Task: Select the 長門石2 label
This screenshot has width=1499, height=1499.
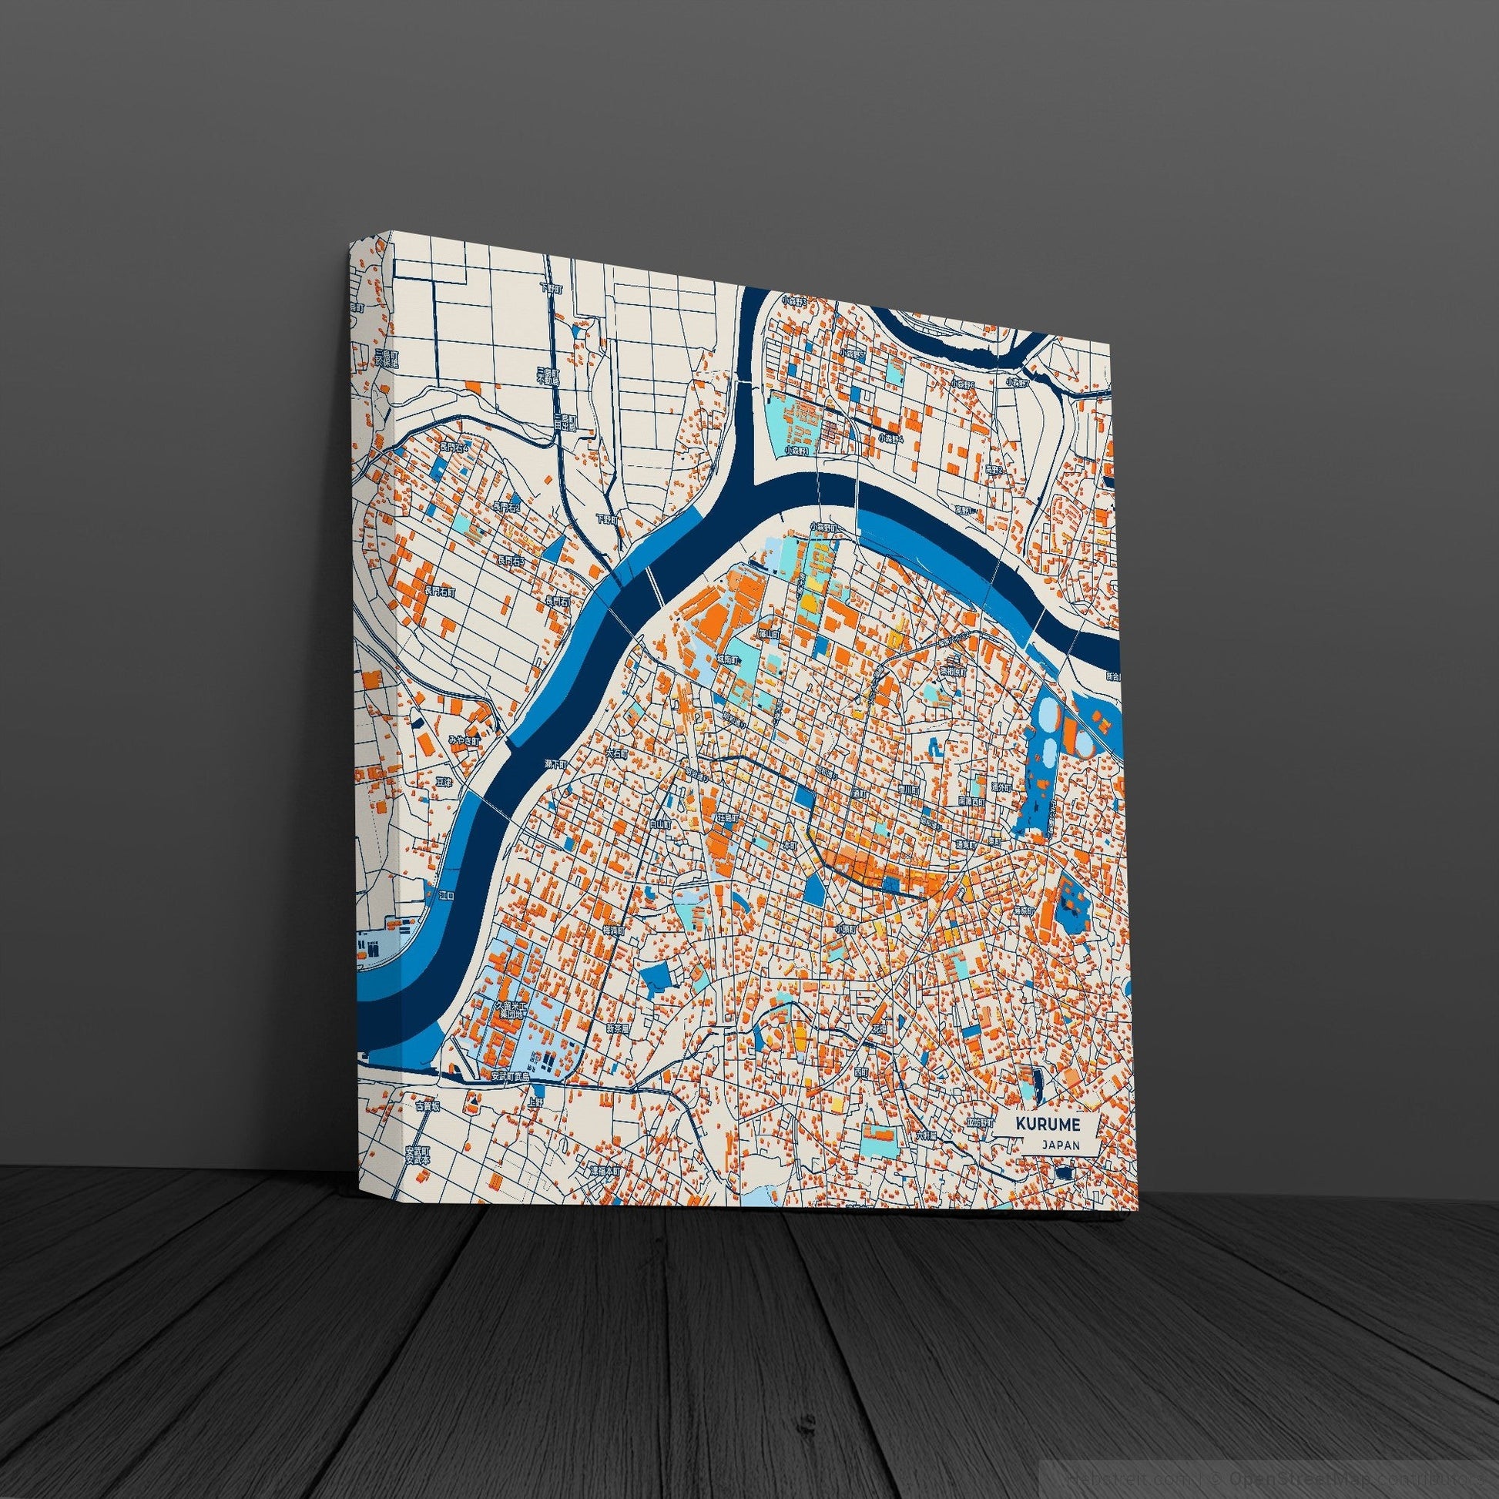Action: point(506,507)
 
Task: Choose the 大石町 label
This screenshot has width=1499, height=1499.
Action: point(615,752)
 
